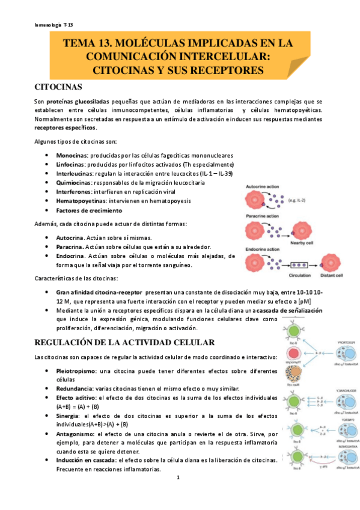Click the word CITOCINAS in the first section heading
(x=59, y=87)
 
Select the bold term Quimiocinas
(x=73, y=183)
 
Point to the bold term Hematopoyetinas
(x=80, y=201)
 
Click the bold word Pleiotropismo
(x=76, y=370)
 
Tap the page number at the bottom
(x=178, y=478)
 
